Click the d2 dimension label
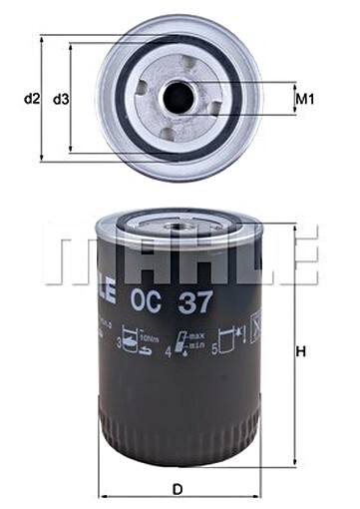[x=31, y=99]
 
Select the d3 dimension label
[x=61, y=99]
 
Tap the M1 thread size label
[x=305, y=99]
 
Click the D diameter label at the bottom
[x=177, y=489]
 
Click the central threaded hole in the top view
[x=179, y=97]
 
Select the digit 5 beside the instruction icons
[x=215, y=348]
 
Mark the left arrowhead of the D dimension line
[x=102, y=468]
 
